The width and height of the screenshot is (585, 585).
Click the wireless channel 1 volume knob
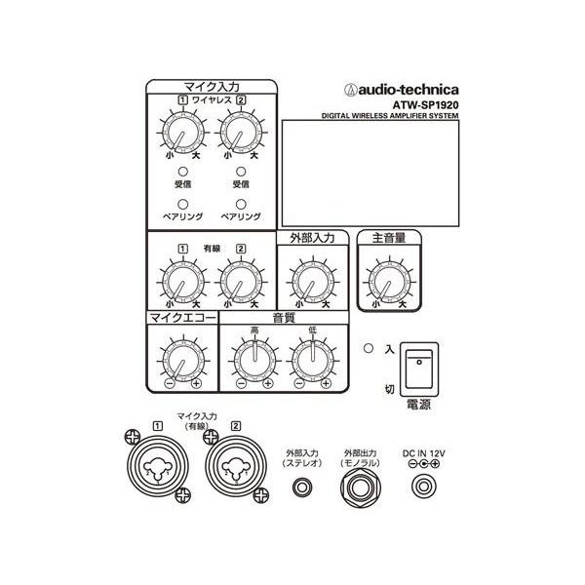183,133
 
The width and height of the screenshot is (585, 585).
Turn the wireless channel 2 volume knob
241,133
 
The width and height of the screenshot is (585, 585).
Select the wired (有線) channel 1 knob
183,282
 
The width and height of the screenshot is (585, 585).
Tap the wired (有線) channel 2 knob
241,282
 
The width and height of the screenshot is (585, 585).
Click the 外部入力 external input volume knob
313,282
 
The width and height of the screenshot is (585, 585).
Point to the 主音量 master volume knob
389,282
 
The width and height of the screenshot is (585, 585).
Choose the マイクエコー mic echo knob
183,361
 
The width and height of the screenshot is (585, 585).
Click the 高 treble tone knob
254,361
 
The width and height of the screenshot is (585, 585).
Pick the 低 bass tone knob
313,361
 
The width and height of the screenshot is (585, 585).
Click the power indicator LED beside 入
369,348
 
